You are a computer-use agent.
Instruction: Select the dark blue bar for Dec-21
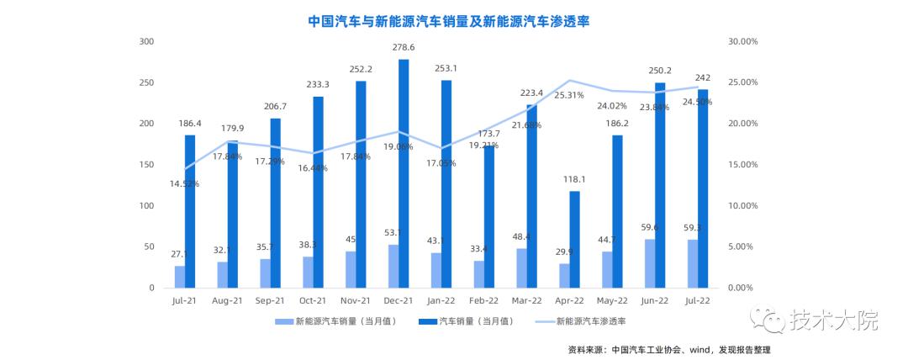tap(404, 173)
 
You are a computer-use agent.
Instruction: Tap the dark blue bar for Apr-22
tap(574, 239)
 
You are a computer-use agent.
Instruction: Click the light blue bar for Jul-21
tap(180, 277)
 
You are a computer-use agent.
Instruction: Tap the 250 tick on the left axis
tap(145, 82)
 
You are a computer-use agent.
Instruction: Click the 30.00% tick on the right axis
tap(743, 41)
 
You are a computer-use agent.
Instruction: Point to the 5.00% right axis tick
tap(746, 246)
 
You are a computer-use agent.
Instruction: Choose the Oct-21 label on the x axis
tap(313, 300)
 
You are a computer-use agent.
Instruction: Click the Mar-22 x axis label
tap(526, 300)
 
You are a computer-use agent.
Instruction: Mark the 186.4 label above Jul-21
tap(190, 124)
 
